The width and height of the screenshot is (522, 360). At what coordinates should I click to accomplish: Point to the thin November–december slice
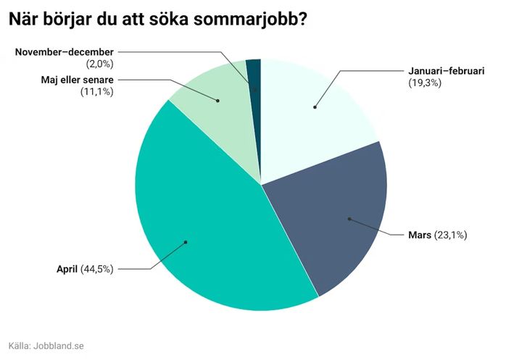click(x=253, y=72)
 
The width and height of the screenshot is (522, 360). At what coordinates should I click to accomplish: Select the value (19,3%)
click(x=426, y=83)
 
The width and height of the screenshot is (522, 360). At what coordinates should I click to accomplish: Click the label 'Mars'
click(x=420, y=235)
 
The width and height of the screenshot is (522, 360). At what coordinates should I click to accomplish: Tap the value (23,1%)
click(x=450, y=235)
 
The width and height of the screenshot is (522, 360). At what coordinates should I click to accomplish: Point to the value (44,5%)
click(x=97, y=269)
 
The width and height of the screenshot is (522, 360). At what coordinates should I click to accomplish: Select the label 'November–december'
click(x=65, y=52)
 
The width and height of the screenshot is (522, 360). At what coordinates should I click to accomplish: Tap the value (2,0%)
click(x=100, y=64)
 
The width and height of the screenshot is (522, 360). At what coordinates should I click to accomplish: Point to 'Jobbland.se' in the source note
click(x=61, y=346)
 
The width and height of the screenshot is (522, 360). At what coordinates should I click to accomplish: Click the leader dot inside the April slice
click(x=186, y=242)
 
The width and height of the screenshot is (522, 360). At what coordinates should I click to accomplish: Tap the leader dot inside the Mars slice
click(x=349, y=218)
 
